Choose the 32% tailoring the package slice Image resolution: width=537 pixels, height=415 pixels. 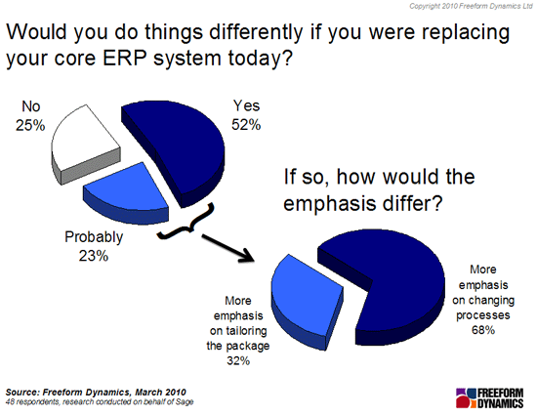(x=305, y=298)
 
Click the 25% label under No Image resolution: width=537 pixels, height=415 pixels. (x=30, y=126)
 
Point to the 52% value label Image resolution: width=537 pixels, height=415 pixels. (x=246, y=124)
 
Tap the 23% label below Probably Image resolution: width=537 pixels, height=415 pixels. (x=94, y=256)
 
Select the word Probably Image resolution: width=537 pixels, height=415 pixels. (x=94, y=237)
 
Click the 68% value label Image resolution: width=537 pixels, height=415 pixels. (x=483, y=330)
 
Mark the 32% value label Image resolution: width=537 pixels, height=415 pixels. (x=238, y=360)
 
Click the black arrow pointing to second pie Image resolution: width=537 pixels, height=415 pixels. (x=227, y=248)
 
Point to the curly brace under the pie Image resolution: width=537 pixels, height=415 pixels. (x=186, y=223)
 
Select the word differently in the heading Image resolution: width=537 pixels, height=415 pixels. (x=256, y=32)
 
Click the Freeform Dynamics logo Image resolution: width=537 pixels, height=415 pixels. (x=490, y=397)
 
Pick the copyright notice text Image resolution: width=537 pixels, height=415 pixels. (x=471, y=6)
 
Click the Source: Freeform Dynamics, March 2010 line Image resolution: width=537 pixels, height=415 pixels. (x=96, y=393)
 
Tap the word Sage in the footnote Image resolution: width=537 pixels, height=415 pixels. (x=185, y=402)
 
